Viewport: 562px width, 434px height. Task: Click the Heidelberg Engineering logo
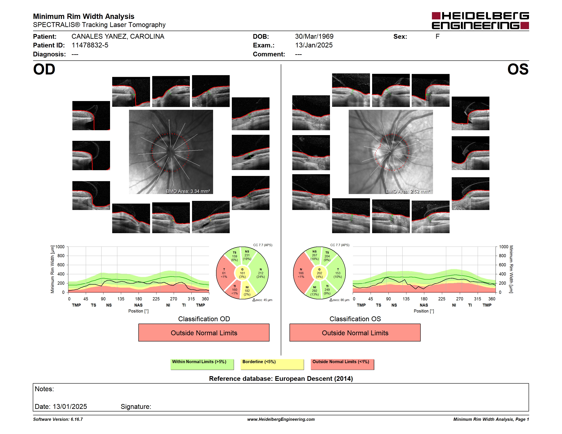click(x=480, y=21)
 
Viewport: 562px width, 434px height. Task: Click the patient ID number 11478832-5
click(x=90, y=45)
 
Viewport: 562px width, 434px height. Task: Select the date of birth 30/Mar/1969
click(x=314, y=37)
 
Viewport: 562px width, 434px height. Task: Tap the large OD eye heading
click(x=44, y=69)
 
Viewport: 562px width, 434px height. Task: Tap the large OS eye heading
click(x=518, y=69)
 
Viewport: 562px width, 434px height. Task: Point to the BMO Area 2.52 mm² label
click(x=408, y=191)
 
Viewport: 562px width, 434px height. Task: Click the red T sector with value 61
click(x=224, y=273)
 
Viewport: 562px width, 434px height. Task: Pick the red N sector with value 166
click(x=301, y=273)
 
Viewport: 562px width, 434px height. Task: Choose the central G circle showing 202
click(x=319, y=273)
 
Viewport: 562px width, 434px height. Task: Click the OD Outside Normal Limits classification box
click(x=204, y=333)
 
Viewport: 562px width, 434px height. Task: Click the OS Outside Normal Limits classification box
click(x=355, y=333)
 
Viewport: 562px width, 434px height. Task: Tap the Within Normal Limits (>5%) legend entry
click(x=202, y=364)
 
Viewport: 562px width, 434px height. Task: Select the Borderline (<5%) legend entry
click(x=272, y=364)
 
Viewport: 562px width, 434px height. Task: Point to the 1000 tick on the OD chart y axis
click(x=60, y=247)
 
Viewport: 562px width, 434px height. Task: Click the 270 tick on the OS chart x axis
click(x=460, y=299)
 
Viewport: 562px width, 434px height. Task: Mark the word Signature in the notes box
click(x=136, y=407)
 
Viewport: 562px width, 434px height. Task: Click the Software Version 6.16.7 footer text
click(x=58, y=419)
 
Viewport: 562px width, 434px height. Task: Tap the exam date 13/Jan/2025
click(x=314, y=45)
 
